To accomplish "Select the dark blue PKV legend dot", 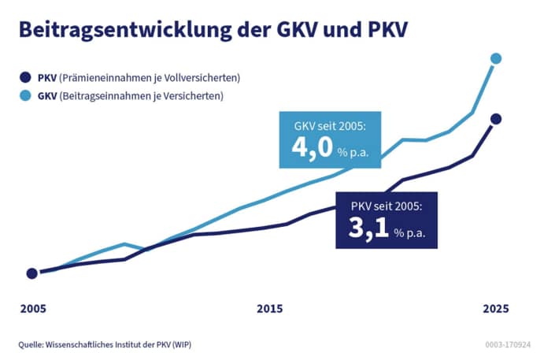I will pos(27,79).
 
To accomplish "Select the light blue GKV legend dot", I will pos(27,97).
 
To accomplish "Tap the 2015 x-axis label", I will pos(269,309).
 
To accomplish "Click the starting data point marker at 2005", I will pos(31,273).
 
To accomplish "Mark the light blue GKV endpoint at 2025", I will pos(496,58).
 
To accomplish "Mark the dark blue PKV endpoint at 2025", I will pos(496,119).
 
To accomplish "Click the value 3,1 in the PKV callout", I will pos(368,230).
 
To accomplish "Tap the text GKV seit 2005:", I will pos(326,126).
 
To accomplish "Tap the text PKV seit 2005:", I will pos(387,206).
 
